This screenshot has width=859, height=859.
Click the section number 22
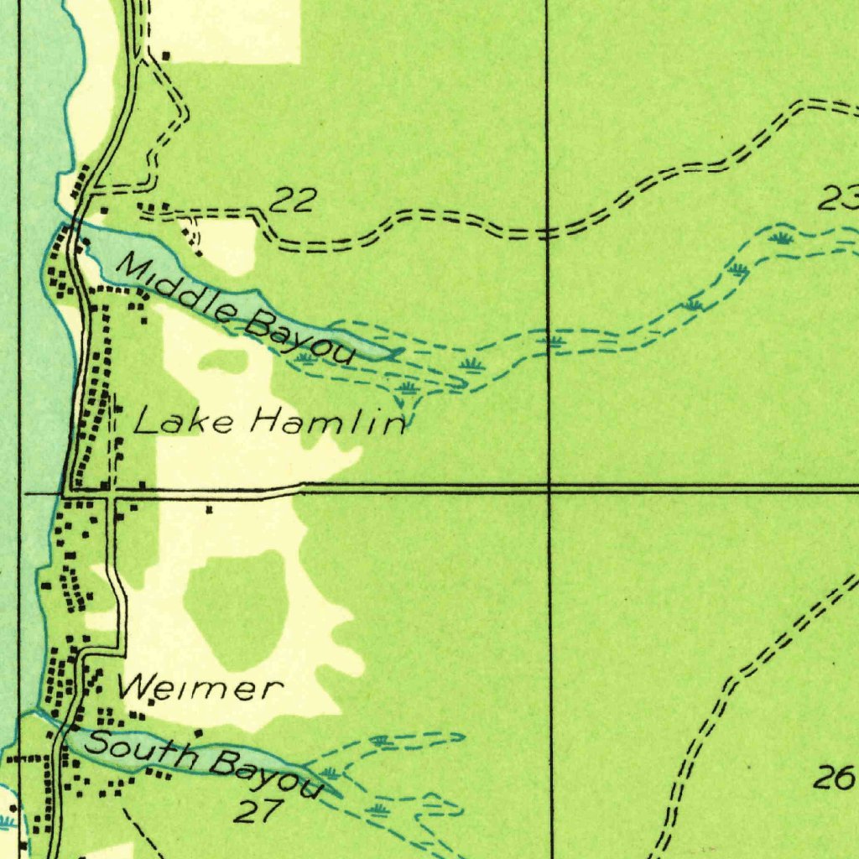coord(294,200)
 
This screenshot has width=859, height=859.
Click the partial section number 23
coord(839,200)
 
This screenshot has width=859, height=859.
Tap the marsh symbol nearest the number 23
coord(782,237)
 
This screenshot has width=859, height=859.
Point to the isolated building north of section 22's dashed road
coord(165,56)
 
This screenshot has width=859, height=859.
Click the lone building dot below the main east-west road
coord(209,508)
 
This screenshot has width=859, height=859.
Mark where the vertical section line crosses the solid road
coord(549,487)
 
